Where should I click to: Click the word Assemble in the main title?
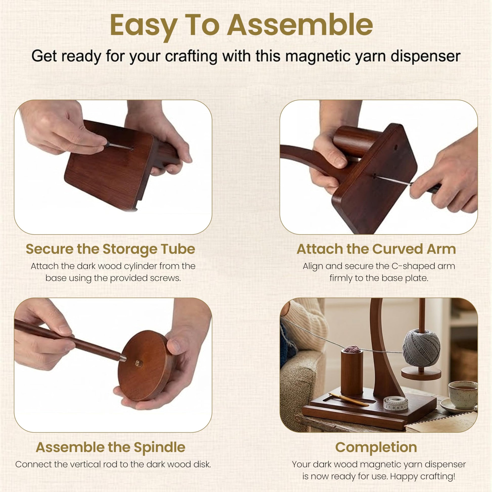pyautogui.click(x=300, y=25)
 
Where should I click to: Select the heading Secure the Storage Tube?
pyautogui.click(x=110, y=249)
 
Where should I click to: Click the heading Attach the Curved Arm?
pyautogui.click(x=376, y=249)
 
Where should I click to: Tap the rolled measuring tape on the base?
pyautogui.click(x=396, y=403)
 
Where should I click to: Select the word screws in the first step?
pyautogui.click(x=165, y=278)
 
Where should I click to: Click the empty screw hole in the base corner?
pyautogui.click(x=396, y=147)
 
